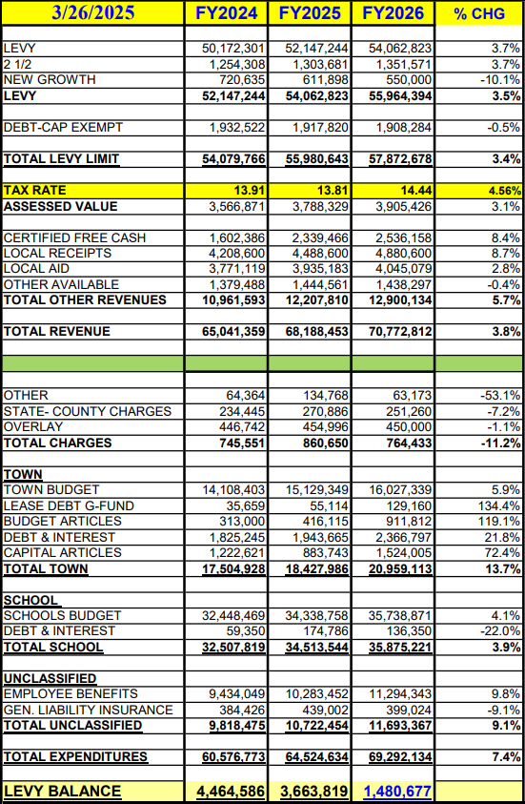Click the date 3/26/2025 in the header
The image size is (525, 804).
(92, 12)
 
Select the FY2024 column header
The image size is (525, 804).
(226, 12)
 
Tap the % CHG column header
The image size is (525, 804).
(479, 13)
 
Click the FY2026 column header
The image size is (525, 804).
(393, 12)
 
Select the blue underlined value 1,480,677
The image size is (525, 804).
(396, 792)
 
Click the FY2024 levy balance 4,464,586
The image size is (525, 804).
(231, 792)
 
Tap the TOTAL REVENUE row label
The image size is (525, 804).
(57, 332)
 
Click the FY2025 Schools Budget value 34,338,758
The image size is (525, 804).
(316, 615)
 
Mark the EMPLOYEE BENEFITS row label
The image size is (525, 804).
(71, 693)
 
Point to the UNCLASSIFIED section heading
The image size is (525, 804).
(50, 678)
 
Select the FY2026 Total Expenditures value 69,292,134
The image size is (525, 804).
(399, 757)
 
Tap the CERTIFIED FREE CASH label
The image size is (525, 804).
(74, 237)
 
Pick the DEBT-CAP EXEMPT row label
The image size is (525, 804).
(63, 127)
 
